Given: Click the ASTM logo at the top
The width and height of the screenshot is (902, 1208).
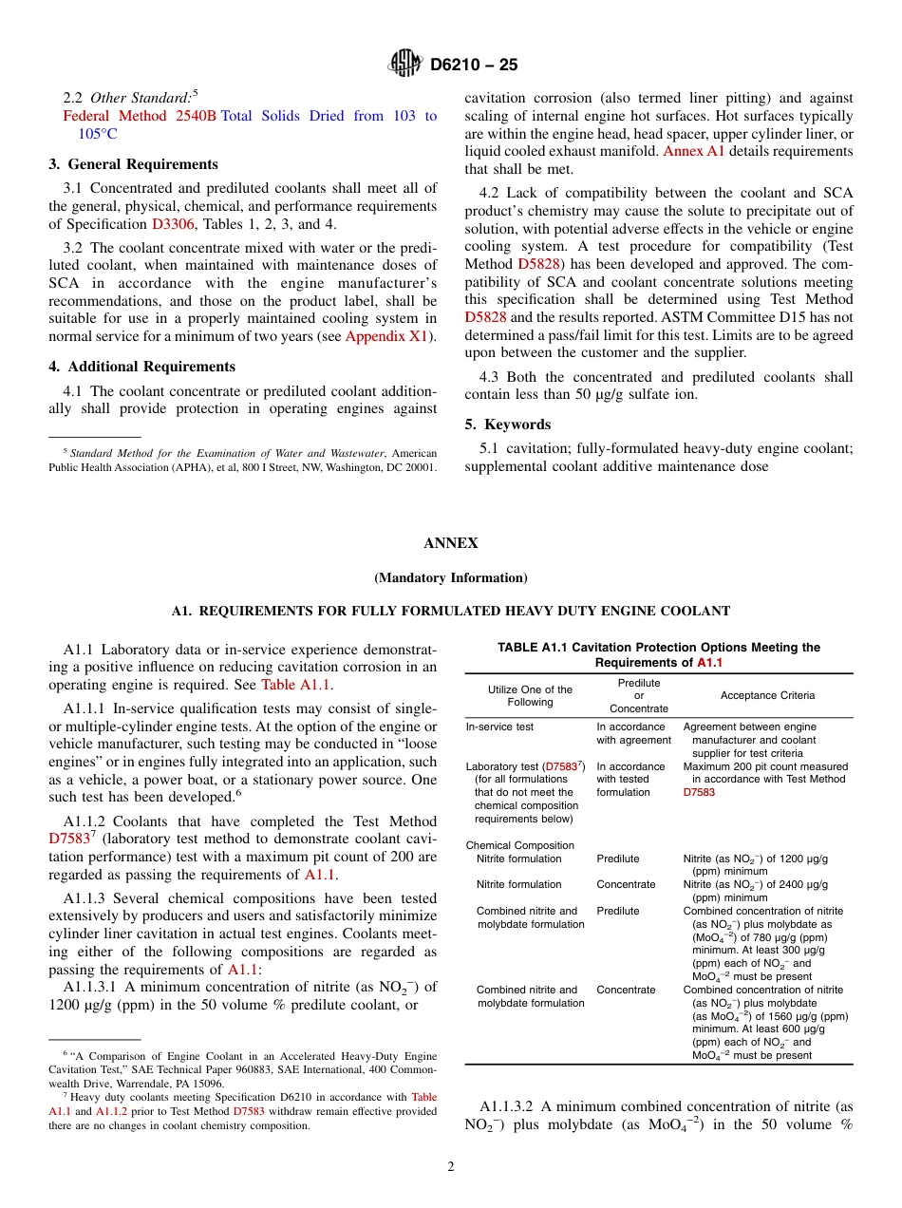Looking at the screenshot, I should (x=406, y=65).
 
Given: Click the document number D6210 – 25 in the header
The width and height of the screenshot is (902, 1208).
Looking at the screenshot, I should (x=474, y=66).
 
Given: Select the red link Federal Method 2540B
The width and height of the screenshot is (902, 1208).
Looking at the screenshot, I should (x=140, y=116).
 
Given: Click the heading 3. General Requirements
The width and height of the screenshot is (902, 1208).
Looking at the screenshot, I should (x=133, y=164).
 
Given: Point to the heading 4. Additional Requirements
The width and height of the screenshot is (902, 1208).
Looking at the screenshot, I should (x=141, y=367).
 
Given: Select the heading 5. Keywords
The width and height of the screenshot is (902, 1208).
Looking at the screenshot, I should (x=508, y=425).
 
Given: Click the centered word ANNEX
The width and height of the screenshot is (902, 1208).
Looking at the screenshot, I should (x=451, y=543).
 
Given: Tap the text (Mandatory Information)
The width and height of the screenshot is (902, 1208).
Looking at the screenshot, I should (x=451, y=577).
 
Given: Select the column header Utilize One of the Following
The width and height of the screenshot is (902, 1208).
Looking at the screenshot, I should (x=530, y=695).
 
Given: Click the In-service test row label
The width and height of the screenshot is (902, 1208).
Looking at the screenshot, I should (x=499, y=727).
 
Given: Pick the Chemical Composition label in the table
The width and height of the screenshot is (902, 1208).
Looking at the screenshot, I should (x=519, y=845).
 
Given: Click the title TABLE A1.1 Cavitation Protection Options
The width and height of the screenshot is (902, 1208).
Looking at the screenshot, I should (x=658, y=648).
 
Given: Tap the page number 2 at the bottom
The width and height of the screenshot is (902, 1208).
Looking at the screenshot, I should (x=451, y=1167).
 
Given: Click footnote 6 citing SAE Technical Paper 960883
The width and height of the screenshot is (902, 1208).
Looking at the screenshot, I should (x=243, y=1069).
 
